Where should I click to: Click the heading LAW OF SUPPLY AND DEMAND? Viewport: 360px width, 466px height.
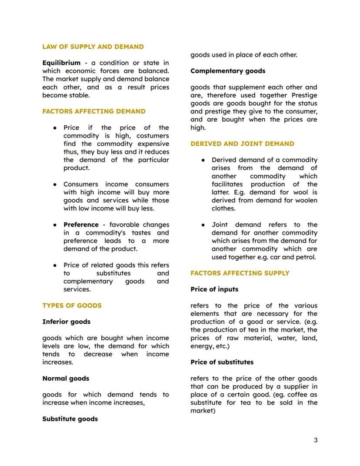93,47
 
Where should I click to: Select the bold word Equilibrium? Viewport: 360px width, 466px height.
61,63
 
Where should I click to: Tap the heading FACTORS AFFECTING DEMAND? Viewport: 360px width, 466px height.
94,111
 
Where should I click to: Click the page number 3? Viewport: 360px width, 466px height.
316,440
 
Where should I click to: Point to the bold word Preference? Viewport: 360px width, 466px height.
81,225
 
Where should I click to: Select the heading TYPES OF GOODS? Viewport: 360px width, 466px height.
72,305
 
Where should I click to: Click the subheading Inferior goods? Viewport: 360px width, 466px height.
66,322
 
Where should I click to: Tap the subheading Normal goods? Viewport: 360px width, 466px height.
66,379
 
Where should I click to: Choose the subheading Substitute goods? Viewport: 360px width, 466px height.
70,419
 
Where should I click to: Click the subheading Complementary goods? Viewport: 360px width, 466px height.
228,71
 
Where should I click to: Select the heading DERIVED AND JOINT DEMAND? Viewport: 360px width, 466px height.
242,144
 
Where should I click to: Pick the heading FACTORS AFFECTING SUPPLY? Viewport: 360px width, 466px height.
240,273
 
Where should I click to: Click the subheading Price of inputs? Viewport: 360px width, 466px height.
214,289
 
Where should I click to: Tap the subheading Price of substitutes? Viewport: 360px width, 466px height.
222,362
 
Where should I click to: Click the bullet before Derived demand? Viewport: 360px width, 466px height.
203,160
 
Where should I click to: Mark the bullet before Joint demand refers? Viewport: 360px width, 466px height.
203,225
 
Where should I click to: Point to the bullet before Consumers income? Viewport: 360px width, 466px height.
55,184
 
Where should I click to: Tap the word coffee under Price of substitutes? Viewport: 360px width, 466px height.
290,395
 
